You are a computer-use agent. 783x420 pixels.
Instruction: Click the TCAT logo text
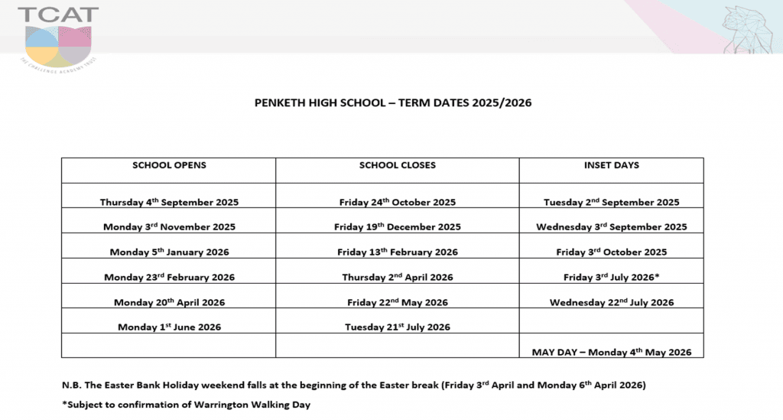point(58,15)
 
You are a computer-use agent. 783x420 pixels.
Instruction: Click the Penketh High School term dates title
point(392,103)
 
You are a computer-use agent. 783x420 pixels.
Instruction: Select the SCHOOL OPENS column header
point(169,165)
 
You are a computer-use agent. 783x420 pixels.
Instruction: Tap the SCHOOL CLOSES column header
point(397,165)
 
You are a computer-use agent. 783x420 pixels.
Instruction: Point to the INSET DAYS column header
point(611,165)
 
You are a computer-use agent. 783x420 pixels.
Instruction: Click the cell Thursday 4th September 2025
point(169,203)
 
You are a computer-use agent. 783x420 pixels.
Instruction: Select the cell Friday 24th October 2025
point(397,203)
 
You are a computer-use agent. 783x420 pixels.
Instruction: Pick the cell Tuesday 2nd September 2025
point(611,203)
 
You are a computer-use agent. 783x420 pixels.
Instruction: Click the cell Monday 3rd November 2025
point(169,227)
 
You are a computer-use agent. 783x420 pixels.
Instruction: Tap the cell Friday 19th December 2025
point(397,227)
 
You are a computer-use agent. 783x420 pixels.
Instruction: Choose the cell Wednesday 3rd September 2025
point(611,227)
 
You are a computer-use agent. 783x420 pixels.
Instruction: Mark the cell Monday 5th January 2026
point(169,252)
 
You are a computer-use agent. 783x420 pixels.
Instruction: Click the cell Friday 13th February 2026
point(397,252)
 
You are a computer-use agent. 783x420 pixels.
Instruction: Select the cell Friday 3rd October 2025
point(611,252)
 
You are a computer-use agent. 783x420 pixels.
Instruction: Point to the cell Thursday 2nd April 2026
point(397,277)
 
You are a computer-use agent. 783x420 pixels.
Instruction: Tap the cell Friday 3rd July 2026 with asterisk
point(611,277)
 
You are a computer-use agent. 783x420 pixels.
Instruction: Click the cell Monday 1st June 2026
point(169,327)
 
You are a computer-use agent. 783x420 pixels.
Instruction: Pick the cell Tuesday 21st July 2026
point(397,327)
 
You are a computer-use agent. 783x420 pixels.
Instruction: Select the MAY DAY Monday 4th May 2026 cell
point(611,352)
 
